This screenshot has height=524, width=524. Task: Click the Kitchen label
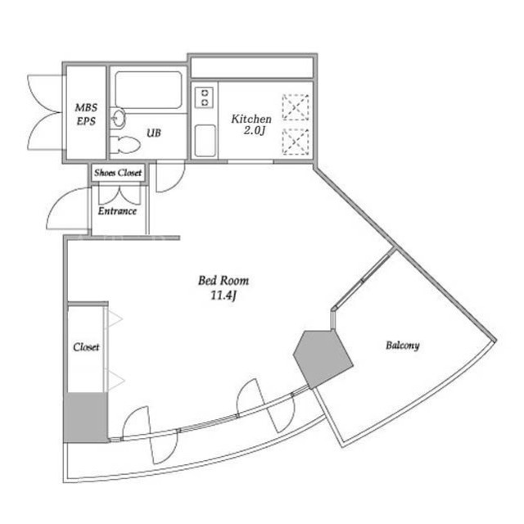(x=251, y=119)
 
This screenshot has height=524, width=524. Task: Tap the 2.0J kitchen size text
(x=255, y=131)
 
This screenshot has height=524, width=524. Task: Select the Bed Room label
(x=224, y=280)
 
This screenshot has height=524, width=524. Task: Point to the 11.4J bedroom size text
(x=224, y=296)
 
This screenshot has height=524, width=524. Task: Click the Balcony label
(x=402, y=346)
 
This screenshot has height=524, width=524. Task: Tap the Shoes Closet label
(x=118, y=173)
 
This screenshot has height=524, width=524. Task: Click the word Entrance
(x=117, y=211)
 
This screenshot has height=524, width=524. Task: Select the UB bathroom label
(x=154, y=133)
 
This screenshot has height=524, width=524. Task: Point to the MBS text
(x=86, y=107)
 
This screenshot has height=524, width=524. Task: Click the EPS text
(x=86, y=121)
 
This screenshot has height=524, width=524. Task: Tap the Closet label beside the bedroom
(x=86, y=347)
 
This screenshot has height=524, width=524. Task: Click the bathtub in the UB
(x=148, y=90)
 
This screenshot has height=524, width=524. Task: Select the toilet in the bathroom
(x=124, y=145)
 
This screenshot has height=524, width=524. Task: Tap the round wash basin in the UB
(x=118, y=118)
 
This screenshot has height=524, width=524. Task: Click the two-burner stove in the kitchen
(x=204, y=97)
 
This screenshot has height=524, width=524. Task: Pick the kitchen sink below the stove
(x=206, y=140)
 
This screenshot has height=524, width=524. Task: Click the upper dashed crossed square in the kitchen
(x=296, y=107)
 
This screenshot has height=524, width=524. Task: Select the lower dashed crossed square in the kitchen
(x=296, y=142)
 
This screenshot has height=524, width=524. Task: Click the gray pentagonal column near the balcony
(x=322, y=359)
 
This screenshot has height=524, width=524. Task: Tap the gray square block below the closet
(x=86, y=418)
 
